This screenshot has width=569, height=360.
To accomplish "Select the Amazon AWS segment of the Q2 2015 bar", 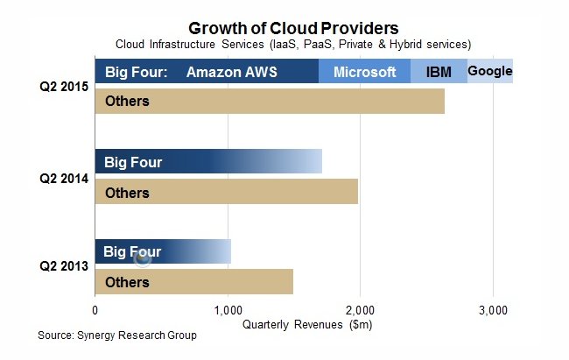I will pyautogui.click(x=232, y=72).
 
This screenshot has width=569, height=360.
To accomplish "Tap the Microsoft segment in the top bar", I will pyautogui.click(x=364, y=72).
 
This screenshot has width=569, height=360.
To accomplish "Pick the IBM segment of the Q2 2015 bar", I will pyautogui.click(x=439, y=72).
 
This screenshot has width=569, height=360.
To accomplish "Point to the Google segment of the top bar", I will pyautogui.click(x=490, y=71).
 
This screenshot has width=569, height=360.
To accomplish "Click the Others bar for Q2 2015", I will pyautogui.click(x=270, y=101).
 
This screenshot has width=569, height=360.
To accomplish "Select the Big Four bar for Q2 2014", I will pyautogui.click(x=208, y=161).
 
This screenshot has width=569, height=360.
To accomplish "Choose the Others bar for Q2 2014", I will pyautogui.click(x=226, y=192).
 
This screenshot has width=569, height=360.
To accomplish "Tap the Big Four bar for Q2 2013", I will pyautogui.click(x=163, y=252).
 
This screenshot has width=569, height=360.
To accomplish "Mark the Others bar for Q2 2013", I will pyautogui.click(x=193, y=282).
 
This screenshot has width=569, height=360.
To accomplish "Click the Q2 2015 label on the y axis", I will pyautogui.click(x=62, y=86).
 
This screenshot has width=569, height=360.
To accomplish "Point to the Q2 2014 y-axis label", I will pyautogui.click(x=62, y=177).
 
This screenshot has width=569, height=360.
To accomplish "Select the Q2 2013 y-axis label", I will pyautogui.click(x=62, y=267).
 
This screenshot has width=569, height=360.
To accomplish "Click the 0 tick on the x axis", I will pyautogui.click(x=95, y=309).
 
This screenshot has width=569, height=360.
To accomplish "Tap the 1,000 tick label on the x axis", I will pyautogui.click(x=228, y=309).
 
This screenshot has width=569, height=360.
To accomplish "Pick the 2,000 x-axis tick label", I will pyautogui.click(x=360, y=309).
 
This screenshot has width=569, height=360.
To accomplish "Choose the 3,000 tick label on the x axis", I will pyautogui.click(x=493, y=309).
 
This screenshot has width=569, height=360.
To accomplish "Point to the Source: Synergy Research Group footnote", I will pyautogui.click(x=117, y=335).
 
